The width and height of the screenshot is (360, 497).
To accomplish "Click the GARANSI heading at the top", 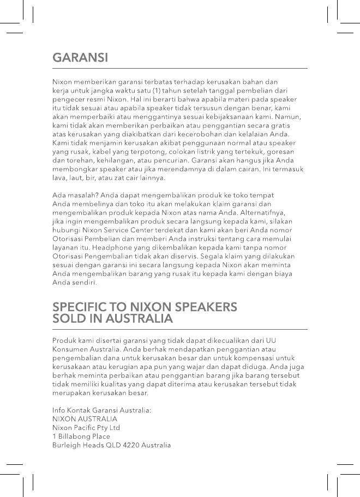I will point(80,58).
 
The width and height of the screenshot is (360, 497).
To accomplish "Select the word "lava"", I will point(58,178).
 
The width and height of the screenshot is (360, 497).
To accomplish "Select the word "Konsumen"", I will point(69,349).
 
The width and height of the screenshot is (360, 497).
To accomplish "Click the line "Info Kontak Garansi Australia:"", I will point(102,410).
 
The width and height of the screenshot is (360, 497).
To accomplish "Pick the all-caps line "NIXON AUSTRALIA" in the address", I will point(85,419).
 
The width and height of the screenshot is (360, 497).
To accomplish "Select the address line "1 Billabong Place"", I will point(81,437).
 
